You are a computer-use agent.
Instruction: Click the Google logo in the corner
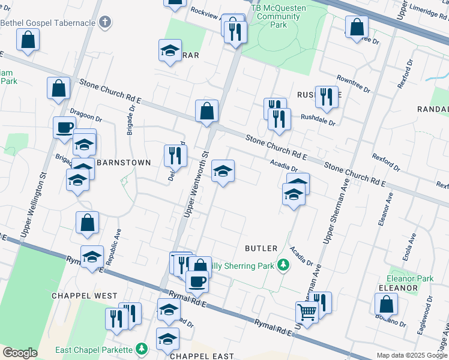click(x=20, y=353)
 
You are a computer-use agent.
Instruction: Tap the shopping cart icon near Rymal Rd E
click(x=306, y=312)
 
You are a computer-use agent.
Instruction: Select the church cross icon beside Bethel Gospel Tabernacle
click(x=106, y=23)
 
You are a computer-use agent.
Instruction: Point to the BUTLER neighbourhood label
click(x=261, y=248)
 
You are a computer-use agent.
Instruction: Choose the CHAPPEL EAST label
click(x=202, y=356)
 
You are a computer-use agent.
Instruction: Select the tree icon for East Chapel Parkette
click(x=142, y=349)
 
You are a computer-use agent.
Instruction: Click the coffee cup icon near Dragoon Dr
click(x=64, y=127)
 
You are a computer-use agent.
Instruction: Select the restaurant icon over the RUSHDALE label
click(x=327, y=96)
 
